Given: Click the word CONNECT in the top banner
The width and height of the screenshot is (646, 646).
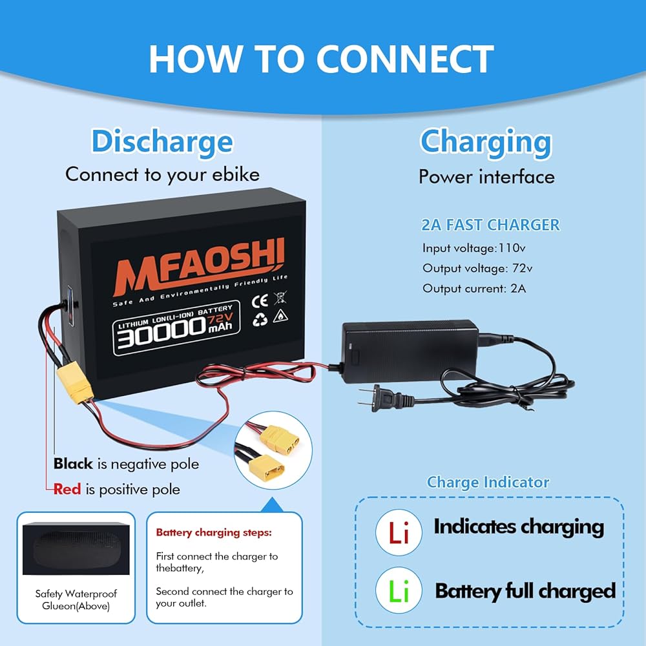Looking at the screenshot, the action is (x=405, y=59).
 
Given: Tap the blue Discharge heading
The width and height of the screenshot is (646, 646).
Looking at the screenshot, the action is (x=162, y=142).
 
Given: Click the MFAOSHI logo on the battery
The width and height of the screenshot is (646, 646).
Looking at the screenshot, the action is (x=198, y=266).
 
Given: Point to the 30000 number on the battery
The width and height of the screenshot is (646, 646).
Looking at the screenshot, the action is (x=161, y=332).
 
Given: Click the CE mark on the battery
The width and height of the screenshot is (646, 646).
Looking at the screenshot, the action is (x=260, y=301).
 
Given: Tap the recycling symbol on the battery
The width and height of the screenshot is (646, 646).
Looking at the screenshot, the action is (x=260, y=319).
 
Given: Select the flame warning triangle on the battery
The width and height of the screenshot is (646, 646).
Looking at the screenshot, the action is (x=280, y=316).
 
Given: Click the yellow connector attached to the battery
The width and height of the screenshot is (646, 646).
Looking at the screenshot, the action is (x=74, y=384).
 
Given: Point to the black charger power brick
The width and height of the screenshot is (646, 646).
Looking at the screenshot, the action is (x=410, y=351).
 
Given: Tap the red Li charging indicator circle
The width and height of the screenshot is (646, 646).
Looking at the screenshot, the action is (x=399, y=532).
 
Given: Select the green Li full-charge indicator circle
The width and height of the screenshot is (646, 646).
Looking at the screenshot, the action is (x=399, y=590).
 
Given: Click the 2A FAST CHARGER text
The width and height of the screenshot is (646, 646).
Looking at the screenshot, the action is (x=490, y=225).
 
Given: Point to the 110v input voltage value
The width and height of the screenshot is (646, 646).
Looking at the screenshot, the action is (x=512, y=248).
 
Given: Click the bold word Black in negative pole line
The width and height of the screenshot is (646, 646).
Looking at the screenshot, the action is (x=73, y=463).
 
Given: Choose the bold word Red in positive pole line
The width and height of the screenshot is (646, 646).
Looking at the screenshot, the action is (x=67, y=489).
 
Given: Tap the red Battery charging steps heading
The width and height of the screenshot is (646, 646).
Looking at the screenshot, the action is (x=214, y=533).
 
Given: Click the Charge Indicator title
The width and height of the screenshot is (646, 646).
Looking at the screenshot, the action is (x=488, y=483).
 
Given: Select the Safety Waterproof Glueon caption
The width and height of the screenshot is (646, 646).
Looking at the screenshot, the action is (x=76, y=599).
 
